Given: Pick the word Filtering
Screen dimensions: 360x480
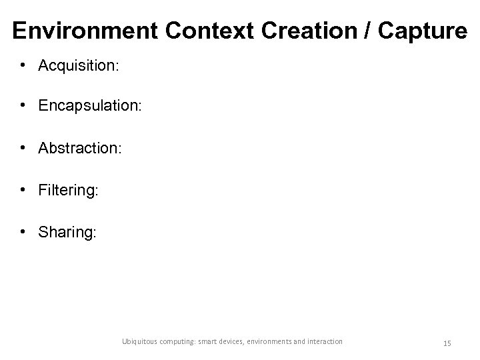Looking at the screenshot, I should pyautogui.click(x=68, y=191).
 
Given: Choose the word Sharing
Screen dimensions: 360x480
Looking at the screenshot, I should pyautogui.click(x=67, y=233).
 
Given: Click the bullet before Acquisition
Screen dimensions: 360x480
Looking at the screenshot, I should pyautogui.click(x=23, y=65).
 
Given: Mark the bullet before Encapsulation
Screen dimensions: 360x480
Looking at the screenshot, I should pyautogui.click(x=23, y=107).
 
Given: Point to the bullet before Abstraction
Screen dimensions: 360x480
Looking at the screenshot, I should pyautogui.click(x=23, y=149).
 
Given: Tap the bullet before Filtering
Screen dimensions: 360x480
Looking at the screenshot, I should pyautogui.click(x=23, y=191).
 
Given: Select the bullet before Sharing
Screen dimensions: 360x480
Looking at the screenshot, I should pyautogui.click(x=23, y=233).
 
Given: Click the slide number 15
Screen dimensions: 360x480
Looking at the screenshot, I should pyautogui.click(x=447, y=343).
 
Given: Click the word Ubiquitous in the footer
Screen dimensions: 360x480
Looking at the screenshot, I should pyautogui.click(x=141, y=341).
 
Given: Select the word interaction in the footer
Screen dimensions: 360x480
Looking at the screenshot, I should pyautogui.click(x=324, y=341).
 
